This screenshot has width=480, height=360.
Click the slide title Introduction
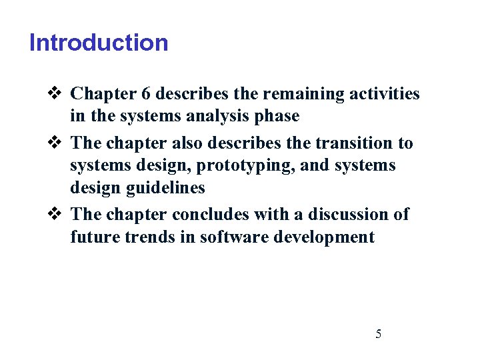99,43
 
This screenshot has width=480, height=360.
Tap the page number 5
379,334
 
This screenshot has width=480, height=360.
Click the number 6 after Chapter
144,93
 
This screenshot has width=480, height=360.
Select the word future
91,237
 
